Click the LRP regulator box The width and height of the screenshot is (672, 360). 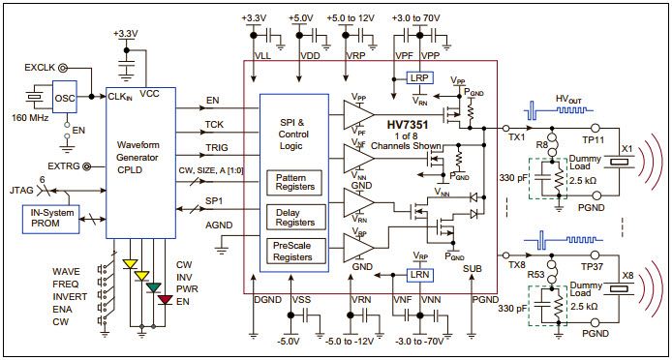click(420, 77)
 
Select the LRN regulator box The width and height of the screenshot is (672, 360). click(420, 276)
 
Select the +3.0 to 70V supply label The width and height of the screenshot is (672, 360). click(418, 16)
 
